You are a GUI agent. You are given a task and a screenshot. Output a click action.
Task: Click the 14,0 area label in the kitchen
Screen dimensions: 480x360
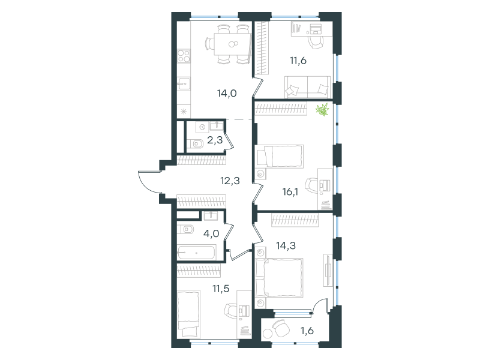[227, 93]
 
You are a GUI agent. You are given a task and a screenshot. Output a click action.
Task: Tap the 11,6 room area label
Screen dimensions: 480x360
[298, 61]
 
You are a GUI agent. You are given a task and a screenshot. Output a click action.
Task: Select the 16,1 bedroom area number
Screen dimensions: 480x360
[290, 192]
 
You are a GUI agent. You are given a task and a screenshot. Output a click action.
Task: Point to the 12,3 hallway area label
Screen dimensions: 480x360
[230, 181]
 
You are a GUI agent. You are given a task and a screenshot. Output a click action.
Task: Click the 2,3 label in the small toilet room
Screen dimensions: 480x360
[215, 140]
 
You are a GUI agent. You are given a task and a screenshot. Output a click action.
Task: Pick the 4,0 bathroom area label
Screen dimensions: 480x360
[211, 233]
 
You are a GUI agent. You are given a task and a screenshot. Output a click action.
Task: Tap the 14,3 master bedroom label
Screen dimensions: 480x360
[286, 245]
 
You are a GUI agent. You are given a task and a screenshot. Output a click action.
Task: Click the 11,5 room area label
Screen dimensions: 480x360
[221, 289]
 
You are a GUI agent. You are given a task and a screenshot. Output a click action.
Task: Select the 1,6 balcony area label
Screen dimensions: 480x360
[307, 331]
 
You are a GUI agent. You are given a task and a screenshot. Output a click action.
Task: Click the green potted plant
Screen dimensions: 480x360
[322, 110]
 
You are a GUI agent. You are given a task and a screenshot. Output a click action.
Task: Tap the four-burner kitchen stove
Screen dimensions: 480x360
[184, 56]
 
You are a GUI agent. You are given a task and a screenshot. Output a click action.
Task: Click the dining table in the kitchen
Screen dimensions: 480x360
[233, 44]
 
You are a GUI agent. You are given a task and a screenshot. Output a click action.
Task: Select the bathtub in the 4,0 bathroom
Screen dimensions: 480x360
[197, 253]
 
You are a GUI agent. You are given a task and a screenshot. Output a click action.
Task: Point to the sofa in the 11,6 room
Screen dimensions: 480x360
[308, 87]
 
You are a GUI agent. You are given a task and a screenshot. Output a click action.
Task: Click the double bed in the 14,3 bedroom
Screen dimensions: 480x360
[279, 278]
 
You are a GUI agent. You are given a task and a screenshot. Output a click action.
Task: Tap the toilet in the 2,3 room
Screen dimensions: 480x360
[195, 143]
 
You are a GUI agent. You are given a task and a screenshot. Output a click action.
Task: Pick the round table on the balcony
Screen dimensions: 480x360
[268, 333]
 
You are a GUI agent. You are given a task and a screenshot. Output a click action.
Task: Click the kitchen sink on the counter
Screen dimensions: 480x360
[184, 84]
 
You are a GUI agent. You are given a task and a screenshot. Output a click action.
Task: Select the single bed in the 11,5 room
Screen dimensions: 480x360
[188, 313]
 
